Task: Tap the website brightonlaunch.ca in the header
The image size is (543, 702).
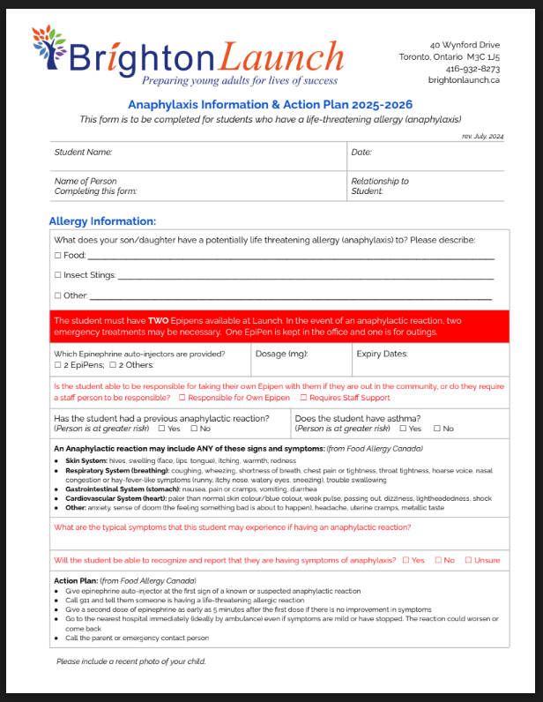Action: [x=464, y=79]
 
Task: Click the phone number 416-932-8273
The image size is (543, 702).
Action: [x=472, y=68]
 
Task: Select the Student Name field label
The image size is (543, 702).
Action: [x=83, y=153]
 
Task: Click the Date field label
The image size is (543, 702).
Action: [x=361, y=153]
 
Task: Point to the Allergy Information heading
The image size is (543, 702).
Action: [x=102, y=221]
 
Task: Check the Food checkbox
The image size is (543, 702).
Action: [x=57, y=256]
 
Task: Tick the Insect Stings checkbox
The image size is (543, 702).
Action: [x=57, y=276]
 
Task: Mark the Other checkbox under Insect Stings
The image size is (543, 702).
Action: [x=57, y=296]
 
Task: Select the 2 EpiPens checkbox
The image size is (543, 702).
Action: [x=57, y=364]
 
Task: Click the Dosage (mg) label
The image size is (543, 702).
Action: [x=281, y=354]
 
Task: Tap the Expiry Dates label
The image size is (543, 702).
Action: [x=382, y=354]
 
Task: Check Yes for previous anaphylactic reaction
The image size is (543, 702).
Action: [x=161, y=429]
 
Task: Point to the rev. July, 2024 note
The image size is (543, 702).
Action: [x=482, y=136]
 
